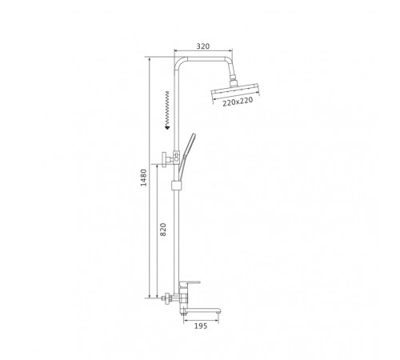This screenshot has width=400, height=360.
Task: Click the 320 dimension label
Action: [203, 46]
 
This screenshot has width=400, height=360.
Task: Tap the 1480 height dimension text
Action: [144, 178]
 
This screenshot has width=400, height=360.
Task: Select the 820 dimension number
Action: [163, 230]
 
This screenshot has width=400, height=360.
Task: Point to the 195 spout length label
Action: [201, 326]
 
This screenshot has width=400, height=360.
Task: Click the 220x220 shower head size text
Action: [238, 102]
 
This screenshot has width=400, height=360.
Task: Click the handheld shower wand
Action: [186, 154]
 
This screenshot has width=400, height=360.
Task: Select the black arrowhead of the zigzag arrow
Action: [167, 127]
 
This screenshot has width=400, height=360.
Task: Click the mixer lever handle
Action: [190, 283]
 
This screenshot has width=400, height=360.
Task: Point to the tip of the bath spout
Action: [219, 310]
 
